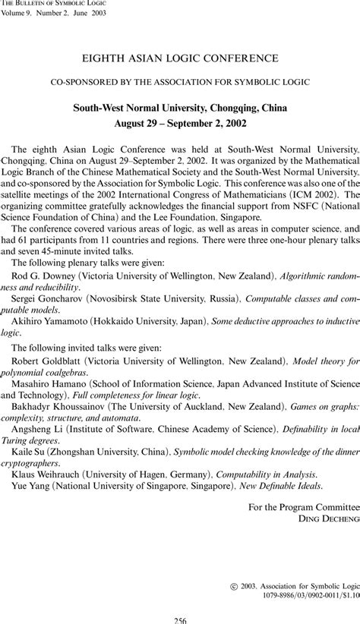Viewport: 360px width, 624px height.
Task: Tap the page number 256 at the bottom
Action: pyautogui.click(x=180, y=619)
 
